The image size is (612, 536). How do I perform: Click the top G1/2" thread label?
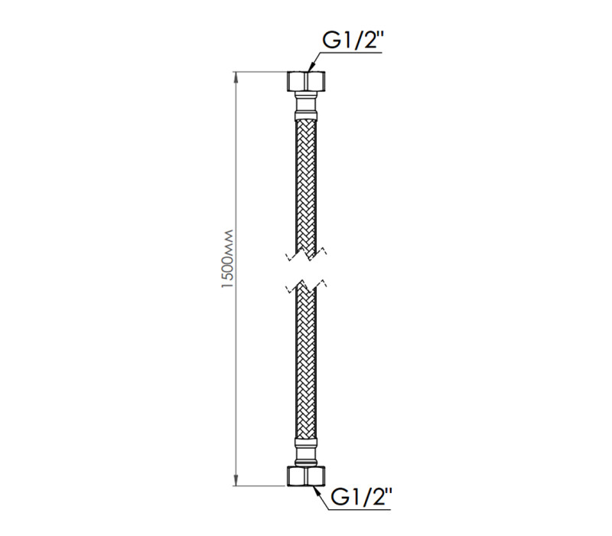click(351, 41)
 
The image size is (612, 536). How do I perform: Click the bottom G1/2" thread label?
click(360, 497)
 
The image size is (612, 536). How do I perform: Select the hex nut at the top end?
click(307, 81)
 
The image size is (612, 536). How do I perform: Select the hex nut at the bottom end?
click(307, 476)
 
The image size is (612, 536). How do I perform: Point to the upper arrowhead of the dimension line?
click(236, 77)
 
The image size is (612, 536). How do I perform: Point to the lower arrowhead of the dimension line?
click(236, 481)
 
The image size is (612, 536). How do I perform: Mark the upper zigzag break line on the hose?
click(307, 254)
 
